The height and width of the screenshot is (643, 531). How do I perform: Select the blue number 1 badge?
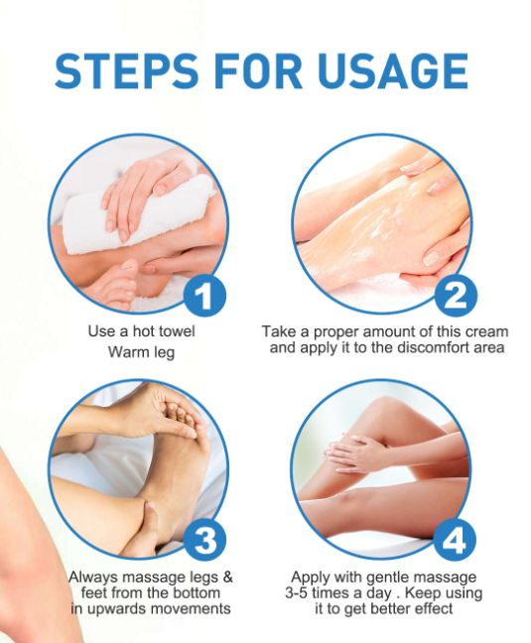coord(203,295)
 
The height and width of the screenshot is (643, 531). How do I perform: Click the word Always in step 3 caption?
coord(91,577)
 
